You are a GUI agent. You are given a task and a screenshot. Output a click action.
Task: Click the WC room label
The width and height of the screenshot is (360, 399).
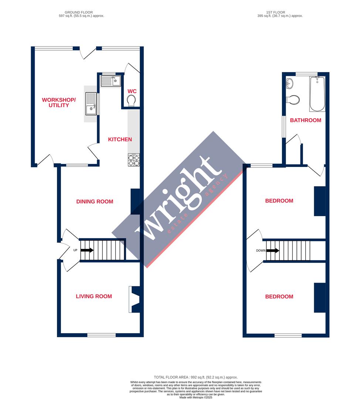point(132,91)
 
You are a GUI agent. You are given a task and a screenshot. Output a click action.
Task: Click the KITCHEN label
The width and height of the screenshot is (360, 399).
point(120,139)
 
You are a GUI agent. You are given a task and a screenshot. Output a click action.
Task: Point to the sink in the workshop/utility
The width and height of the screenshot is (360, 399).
point(91,104)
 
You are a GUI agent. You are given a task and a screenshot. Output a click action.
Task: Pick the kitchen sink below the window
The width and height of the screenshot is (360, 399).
point(111,81)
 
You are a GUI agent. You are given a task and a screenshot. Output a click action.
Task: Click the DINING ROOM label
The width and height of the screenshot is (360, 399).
point(95,201)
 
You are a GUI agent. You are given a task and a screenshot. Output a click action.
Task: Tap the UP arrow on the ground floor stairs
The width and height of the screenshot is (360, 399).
point(87,250)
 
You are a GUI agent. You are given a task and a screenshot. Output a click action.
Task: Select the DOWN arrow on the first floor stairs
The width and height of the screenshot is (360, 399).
point(272,250)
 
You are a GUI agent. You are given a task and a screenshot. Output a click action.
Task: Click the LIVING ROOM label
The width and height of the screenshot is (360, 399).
point(94,296)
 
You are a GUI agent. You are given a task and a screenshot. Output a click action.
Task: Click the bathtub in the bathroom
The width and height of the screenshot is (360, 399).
point(317,94)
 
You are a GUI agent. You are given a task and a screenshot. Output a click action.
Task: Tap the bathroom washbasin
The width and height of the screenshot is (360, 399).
point(290,83)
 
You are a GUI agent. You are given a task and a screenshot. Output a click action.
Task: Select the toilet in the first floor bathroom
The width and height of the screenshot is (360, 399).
point(293,100)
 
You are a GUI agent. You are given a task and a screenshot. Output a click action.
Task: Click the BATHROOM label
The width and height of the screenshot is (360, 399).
point(305,120)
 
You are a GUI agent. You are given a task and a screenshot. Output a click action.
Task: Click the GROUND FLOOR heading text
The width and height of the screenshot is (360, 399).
point(79,12)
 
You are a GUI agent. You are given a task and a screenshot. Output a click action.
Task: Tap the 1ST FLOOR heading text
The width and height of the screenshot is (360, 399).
point(276,12)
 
